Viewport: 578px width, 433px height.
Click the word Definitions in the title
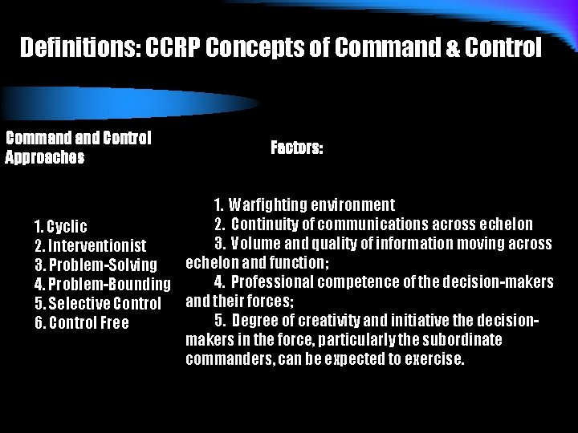[x=79, y=49]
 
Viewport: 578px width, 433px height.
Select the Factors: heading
[x=297, y=148]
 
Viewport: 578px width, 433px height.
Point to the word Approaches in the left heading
[x=45, y=157]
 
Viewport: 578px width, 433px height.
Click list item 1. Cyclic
[x=61, y=226]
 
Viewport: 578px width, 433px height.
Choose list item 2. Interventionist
[x=90, y=245]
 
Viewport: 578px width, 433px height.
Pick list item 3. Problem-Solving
[x=95, y=265]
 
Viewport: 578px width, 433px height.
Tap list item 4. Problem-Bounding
[x=102, y=284]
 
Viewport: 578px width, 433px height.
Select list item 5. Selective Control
[x=98, y=303]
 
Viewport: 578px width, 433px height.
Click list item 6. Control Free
[x=82, y=322]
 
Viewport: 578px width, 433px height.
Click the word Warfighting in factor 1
[x=273, y=204]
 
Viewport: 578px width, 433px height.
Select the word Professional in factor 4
[x=275, y=281]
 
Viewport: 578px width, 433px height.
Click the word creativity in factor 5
[x=336, y=321]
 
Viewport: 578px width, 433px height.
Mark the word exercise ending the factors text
[x=435, y=359]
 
